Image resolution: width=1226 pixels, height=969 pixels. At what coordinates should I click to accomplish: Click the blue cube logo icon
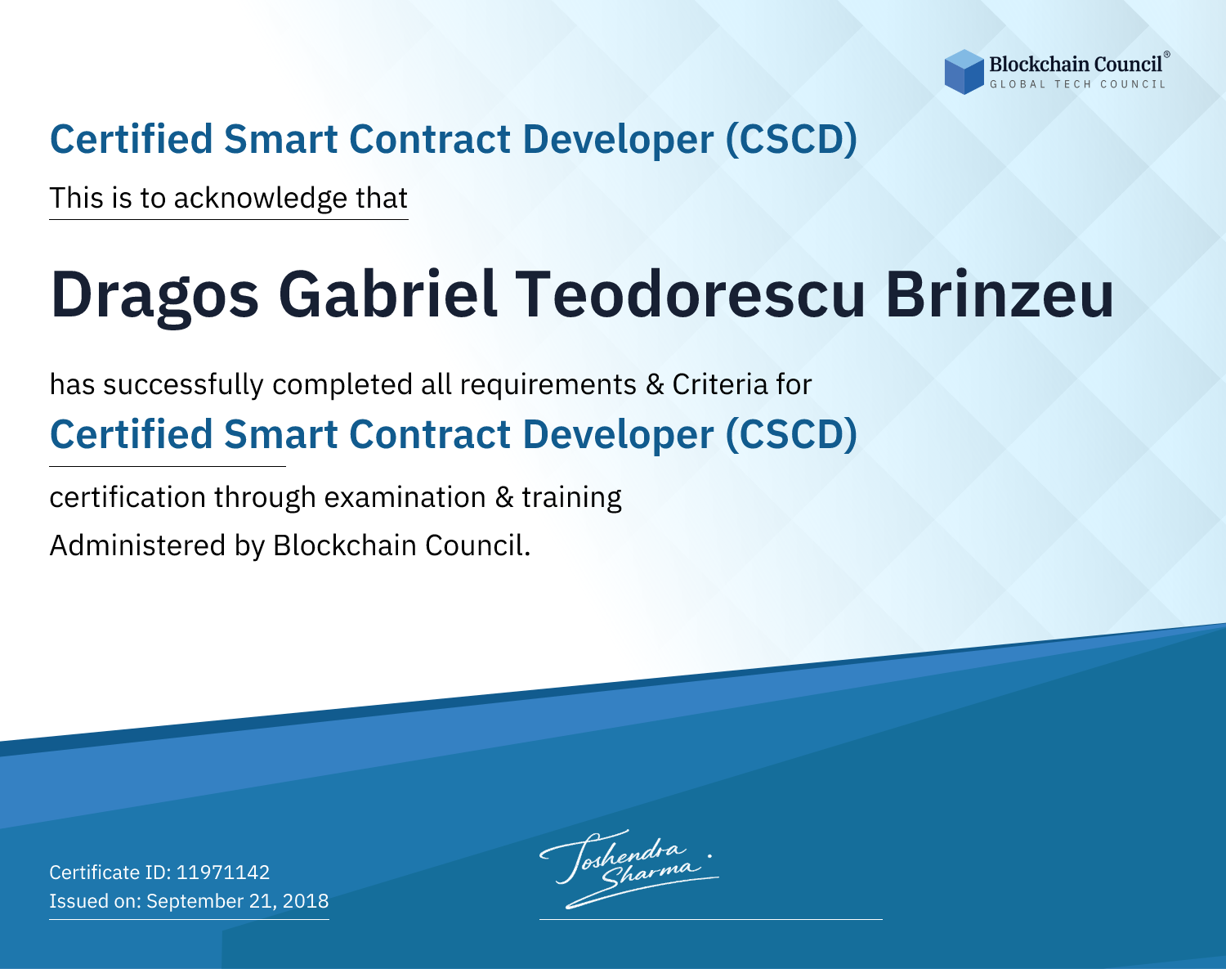pyautogui.click(x=964, y=72)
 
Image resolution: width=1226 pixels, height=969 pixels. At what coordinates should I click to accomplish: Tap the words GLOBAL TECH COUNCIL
pyautogui.click(x=1077, y=84)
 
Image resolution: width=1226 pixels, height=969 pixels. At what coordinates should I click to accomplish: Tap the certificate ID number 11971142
pyautogui.click(x=223, y=872)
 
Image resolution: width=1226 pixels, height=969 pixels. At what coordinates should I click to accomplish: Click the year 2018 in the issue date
pyautogui.click(x=306, y=900)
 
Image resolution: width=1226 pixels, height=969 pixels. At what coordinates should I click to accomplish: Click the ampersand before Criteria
pyautogui.click(x=655, y=385)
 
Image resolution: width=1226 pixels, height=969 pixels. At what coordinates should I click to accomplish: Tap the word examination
pyautogui.click(x=405, y=497)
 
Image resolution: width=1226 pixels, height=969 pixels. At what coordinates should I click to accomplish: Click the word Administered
pyautogui.click(x=138, y=545)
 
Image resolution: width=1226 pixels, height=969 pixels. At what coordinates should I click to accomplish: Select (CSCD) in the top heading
pyautogui.click(x=791, y=140)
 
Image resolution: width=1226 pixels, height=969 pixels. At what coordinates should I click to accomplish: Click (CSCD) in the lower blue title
pyautogui.click(x=791, y=435)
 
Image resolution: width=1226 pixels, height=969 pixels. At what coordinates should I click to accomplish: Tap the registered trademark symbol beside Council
pyautogui.click(x=1167, y=55)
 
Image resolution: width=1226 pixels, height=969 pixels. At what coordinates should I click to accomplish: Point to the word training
pyautogui.click(x=572, y=498)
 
